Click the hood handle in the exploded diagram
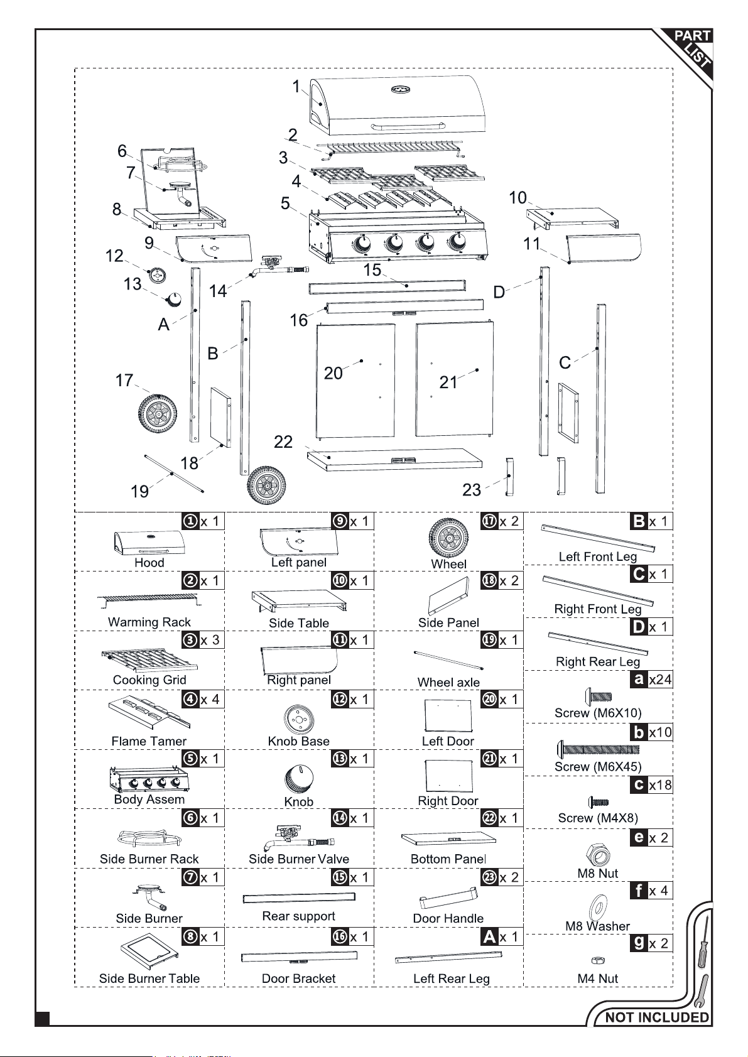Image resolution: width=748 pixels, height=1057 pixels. [x=408, y=126]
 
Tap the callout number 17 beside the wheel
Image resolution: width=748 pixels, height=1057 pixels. [x=124, y=381]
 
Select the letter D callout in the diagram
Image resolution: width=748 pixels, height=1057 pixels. [x=499, y=293]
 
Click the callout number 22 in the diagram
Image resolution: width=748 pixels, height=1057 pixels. [x=283, y=442]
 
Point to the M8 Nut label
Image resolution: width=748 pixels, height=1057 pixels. [x=597, y=873]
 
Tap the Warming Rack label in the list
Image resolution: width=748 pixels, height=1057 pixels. [x=149, y=622]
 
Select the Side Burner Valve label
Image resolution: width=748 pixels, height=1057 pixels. [x=299, y=859]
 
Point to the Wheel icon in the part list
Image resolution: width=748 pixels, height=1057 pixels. [x=448, y=538]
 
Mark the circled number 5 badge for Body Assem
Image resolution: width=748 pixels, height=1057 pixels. [x=190, y=758]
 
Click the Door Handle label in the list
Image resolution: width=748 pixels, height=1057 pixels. [x=448, y=918]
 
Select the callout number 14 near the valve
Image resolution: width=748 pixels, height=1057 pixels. [x=218, y=291]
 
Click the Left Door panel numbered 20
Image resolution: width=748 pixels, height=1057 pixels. [x=355, y=381]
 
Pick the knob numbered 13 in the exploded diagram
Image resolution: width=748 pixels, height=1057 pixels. [x=174, y=300]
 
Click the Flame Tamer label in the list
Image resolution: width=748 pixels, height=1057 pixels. [x=149, y=741]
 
